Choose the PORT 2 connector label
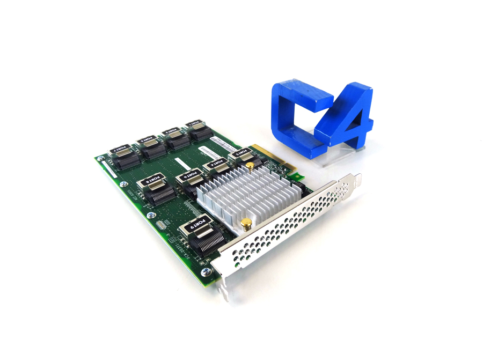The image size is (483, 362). click(x=241, y=153)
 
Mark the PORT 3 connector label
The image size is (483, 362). click(x=170, y=130)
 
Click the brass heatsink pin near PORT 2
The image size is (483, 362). click(x=250, y=167)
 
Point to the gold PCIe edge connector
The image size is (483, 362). click(x=271, y=158)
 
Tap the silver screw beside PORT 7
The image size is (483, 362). click(x=100, y=159)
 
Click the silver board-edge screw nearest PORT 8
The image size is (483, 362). click(x=124, y=185)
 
